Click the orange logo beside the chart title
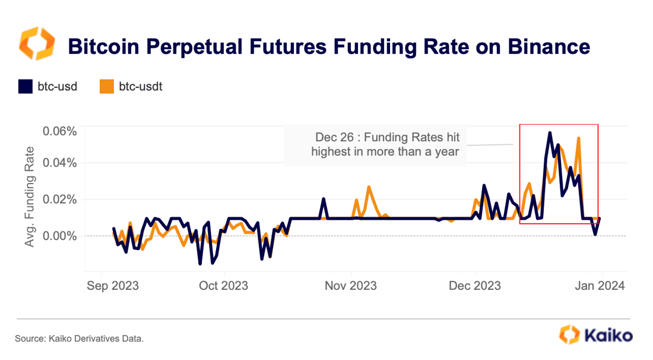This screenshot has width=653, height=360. point(37,44)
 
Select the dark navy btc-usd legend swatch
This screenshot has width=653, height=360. point(25,87)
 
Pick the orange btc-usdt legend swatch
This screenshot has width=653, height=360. point(106,87)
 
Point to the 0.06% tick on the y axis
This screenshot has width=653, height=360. point(60,131)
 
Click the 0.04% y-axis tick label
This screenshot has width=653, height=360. point(60,162)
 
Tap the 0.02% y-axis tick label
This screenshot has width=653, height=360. point(60,199)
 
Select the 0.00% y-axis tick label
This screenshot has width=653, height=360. point(60,236)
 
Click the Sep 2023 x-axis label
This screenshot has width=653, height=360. point(112,286)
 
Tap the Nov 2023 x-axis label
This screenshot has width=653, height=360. point(351,286)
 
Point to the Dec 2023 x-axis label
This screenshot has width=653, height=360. point(476,286)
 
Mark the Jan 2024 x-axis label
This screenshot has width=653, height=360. point(600,286)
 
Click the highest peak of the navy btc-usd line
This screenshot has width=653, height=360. point(550,132)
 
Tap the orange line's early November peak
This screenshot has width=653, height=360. point(369,187)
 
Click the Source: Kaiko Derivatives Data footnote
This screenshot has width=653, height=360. point(79,339)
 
